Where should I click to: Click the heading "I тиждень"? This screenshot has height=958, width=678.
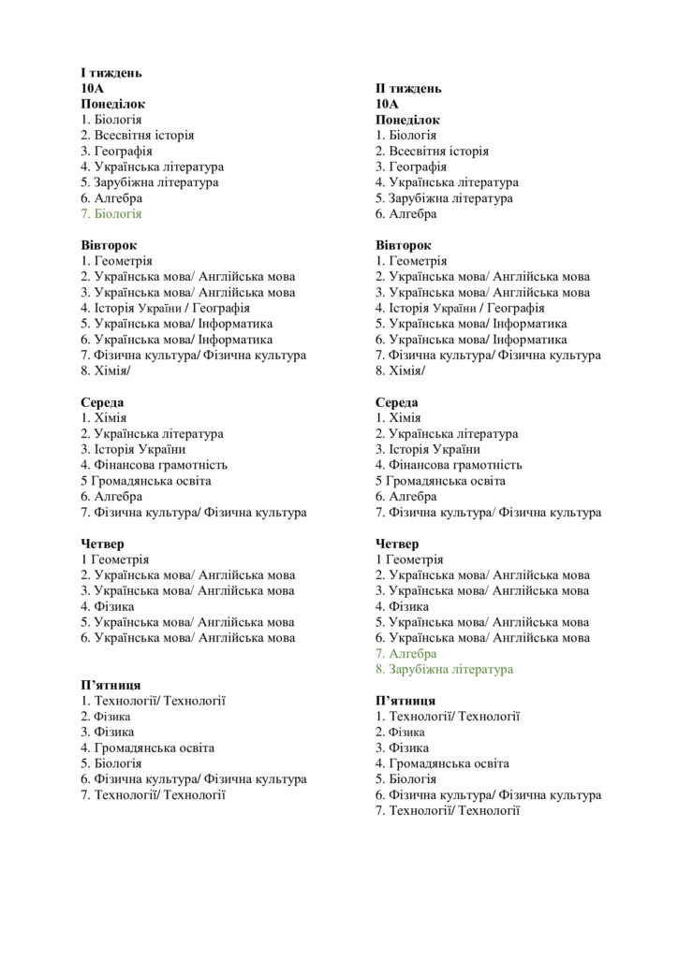pos(111,72)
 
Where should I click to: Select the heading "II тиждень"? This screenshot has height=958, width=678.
pos(408,88)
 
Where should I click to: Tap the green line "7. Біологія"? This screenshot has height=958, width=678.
pos(111,214)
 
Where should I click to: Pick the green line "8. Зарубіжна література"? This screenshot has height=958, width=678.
pos(444,670)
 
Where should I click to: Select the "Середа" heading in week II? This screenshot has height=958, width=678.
pos(396,402)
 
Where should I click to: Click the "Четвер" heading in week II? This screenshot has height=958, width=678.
pos(397,544)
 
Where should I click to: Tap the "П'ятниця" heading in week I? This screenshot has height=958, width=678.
pos(111,685)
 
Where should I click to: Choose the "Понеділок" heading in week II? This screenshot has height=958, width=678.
pos(407,120)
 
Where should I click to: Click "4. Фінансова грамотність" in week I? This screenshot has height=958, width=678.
pos(154,465)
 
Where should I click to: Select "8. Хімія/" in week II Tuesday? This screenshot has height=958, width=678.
pos(400,370)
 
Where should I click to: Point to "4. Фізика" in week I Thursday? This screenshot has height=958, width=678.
pos(107,606)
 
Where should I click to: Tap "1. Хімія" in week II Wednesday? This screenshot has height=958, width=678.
pos(398,418)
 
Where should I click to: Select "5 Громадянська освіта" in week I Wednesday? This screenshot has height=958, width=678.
pos(145,481)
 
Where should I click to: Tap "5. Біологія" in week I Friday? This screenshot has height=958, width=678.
pos(111,763)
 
